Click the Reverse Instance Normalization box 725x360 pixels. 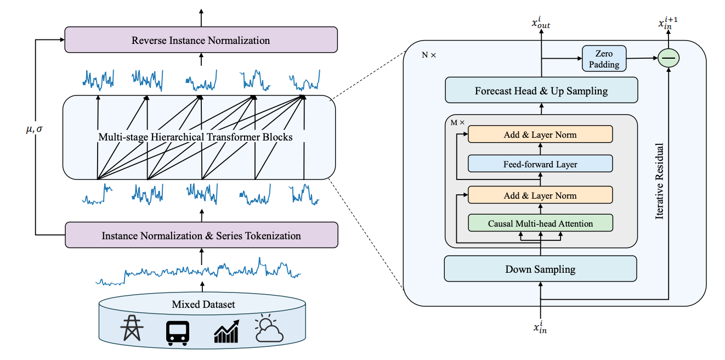click(201, 41)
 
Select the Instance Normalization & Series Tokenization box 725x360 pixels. click(201, 235)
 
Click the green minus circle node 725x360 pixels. click(668, 58)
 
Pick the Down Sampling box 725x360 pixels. click(540, 269)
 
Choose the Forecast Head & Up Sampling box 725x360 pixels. click(541, 91)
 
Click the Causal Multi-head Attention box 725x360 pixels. click(540, 223)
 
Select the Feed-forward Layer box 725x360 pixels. click(540, 164)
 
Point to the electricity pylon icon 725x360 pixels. click(132, 329)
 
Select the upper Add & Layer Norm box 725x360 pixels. click(540, 134)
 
